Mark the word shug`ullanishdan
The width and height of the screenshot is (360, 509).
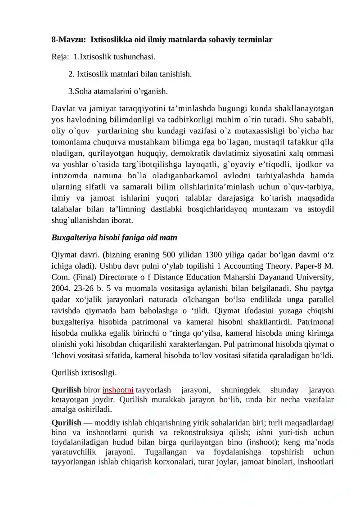[78, 221]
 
